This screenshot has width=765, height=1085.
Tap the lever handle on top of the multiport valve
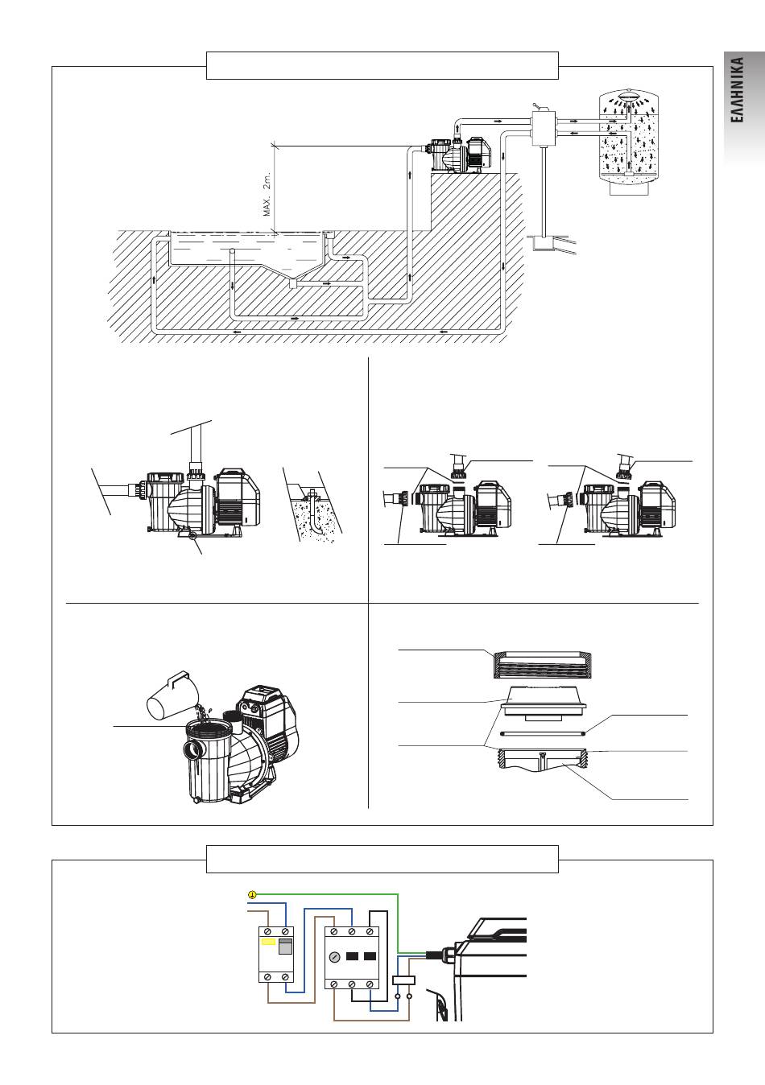[537, 106]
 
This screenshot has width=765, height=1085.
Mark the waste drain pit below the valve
[543, 243]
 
